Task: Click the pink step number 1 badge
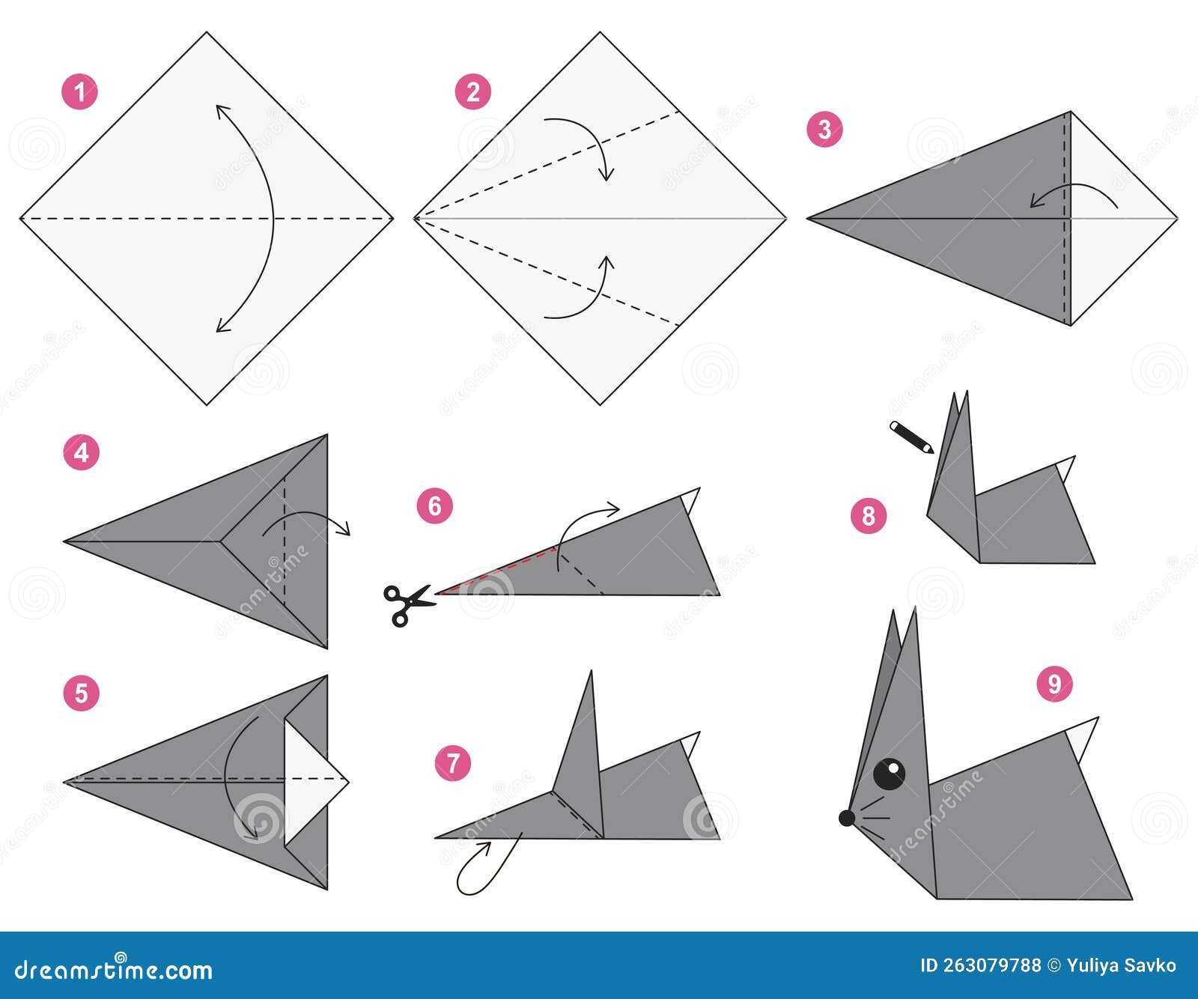point(80,92)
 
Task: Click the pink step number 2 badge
point(473,92)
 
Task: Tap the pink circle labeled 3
point(824,129)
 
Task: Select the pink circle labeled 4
point(81,452)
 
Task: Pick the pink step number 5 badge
point(81,693)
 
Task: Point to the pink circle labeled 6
point(435,506)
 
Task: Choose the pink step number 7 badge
point(453,763)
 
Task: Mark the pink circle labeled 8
point(869,515)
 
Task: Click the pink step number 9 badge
point(1054,683)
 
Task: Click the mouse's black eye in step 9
point(890,774)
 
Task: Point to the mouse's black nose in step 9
point(847,818)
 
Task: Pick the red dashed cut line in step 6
point(498,571)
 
